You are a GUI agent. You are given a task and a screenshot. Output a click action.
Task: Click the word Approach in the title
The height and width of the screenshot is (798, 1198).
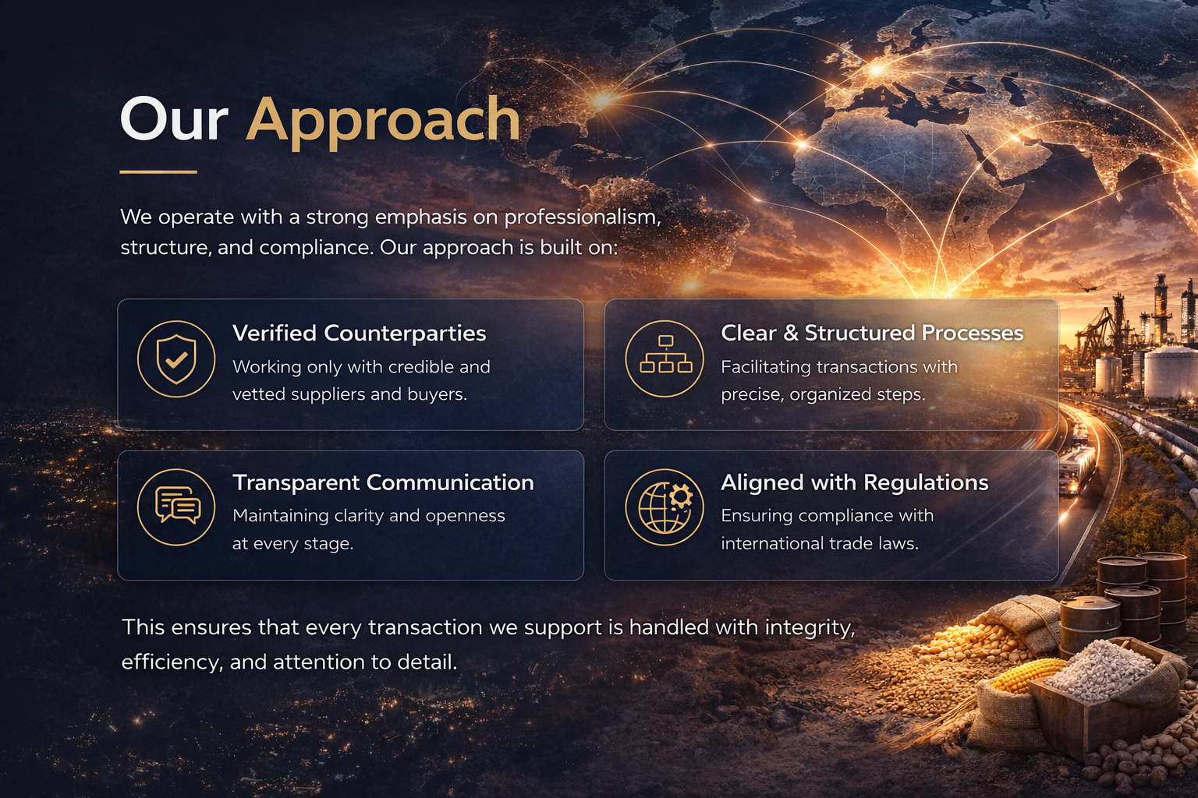(x=383, y=122)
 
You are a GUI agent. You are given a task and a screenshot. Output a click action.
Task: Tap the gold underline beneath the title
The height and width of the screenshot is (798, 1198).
(x=158, y=172)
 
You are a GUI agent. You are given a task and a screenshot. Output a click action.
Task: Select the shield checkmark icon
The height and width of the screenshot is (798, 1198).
(x=176, y=359)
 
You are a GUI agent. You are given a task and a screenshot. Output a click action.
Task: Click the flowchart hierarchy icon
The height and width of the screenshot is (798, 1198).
(x=665, y=358)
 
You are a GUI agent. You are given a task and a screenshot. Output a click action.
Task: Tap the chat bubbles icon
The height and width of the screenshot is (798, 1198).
(x=176, y=507)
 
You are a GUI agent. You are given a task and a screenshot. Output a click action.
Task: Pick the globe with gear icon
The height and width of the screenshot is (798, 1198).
(x=665, y=507)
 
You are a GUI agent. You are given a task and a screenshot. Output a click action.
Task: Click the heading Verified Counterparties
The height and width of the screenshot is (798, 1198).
(x=360, y=334)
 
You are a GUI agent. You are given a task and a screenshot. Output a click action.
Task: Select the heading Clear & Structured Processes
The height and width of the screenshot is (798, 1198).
(x=872, y=333)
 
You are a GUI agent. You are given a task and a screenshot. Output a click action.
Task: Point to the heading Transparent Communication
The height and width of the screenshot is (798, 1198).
(x=384, y=482)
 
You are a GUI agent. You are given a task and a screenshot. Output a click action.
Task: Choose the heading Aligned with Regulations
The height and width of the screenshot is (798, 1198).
(x=855, y=483)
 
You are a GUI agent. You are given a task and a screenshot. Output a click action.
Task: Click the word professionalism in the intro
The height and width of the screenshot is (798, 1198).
(x=583, y=217)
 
